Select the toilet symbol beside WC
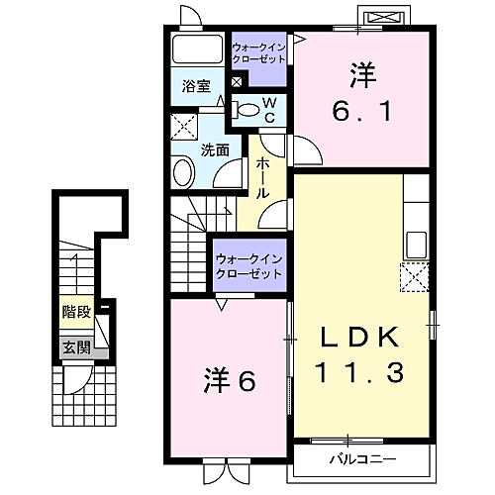click(247, 109)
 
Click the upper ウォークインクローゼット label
click(258, 52)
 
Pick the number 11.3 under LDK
click(360, 374)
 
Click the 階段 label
click(76, 311)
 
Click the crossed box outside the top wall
click(383, 18)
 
